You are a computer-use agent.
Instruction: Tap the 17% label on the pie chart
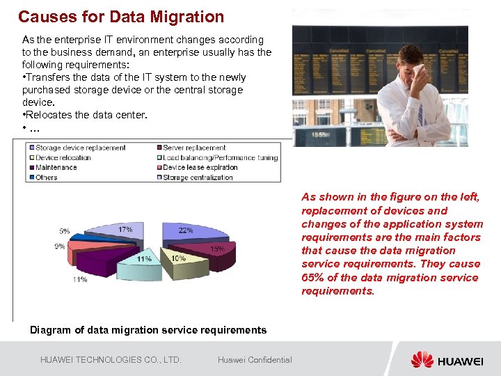click(x=126, y=229)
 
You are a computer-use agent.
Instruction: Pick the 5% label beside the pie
click(x=64, y=230)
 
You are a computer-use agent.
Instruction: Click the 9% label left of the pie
click(x=60, y=246)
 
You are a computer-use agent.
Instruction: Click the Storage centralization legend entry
click(x=197, y=178)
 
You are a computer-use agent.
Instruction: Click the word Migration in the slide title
click(x=189, y=17)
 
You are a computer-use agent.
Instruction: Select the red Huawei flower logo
click(x=422, y=359)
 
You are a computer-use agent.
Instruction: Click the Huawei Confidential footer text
click(x=255, y=359)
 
